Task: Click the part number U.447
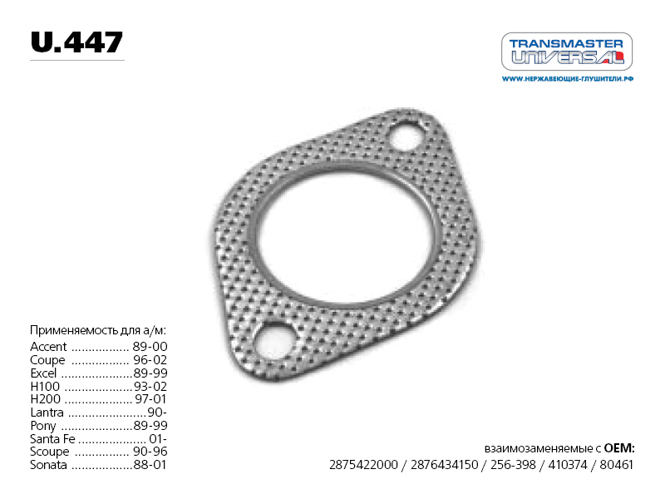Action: [76, 42]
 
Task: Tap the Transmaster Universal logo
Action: [567, 52]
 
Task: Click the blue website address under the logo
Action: [568, 79]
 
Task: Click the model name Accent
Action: [48, 347]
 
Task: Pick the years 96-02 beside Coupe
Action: [150, 360]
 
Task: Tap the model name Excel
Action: [43, 373]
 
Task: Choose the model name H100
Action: [45, 387]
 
